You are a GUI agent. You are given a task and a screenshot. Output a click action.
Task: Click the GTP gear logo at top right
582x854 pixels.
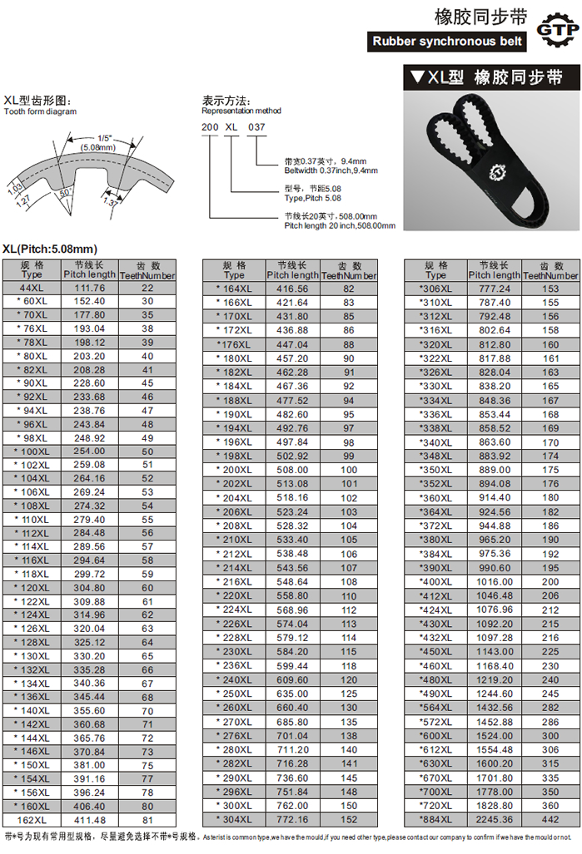[x=557, y=31]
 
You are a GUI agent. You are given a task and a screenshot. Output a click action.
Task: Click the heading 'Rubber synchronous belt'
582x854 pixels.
[x=447, y=42]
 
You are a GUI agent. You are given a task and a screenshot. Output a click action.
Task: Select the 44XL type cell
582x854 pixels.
[x=32, y=288]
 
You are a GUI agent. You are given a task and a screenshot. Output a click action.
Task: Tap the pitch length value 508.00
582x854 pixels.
[x=292, y=470]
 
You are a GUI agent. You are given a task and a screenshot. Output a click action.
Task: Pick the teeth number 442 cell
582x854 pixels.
[x=550, y=819]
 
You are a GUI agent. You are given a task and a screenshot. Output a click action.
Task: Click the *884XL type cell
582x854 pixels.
[x=435, y=819]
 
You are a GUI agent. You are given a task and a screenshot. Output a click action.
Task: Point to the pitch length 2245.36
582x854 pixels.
[x=495, y=819]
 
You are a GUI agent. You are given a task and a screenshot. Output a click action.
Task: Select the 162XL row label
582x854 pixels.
[x=32, y=820]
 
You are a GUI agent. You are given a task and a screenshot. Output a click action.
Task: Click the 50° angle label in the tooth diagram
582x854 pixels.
[x=66, y=193]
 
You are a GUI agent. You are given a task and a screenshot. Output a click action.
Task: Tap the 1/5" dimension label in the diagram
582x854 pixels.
[x=105, y=138]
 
